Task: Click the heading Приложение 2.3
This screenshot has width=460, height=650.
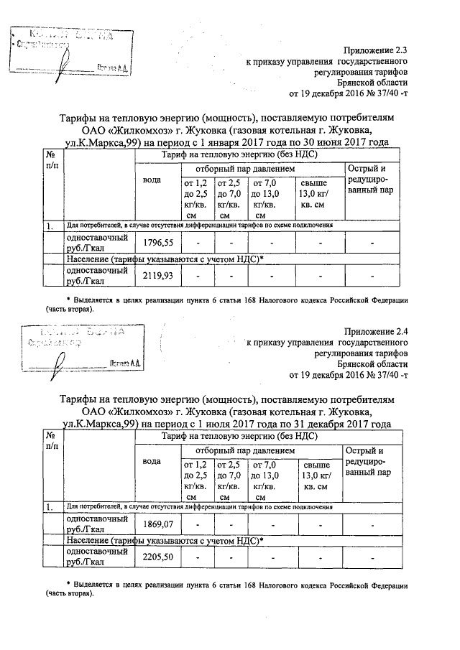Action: coord(376,50)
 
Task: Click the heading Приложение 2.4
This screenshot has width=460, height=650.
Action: coord(376,331)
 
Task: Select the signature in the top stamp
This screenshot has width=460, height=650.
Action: coord(65,67)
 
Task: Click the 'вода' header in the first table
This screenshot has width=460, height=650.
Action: coord(152,180)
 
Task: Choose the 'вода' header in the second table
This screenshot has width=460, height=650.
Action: coord(152,460)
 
